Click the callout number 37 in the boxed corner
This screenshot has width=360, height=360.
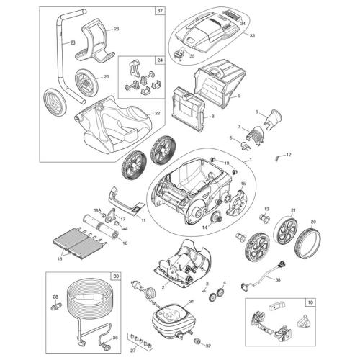click(159, 10)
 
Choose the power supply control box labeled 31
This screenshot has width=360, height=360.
click(171, 318)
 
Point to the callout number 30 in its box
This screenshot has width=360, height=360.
click(115, 276)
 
